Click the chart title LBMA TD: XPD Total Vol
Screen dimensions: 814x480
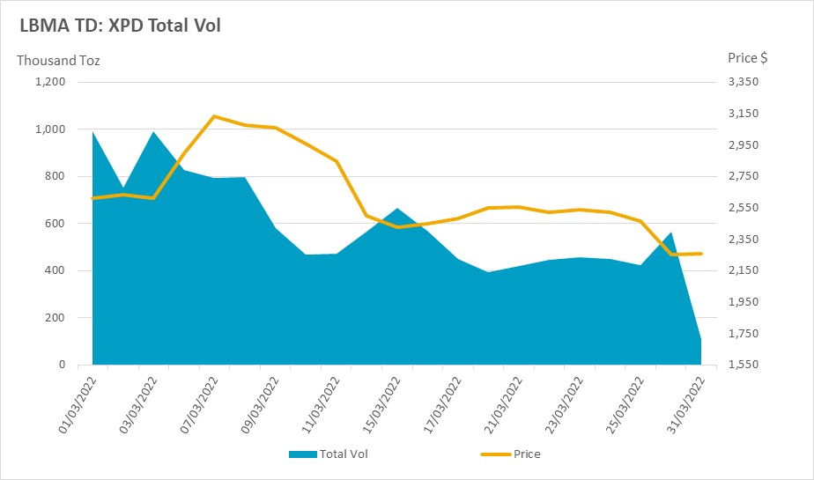click(x=120, y=26)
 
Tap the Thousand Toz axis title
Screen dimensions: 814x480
click(x=58, y=61)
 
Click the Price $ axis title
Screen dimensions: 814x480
click(x=748, y=58)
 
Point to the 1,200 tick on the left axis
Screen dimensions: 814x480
click(x=50, y=82)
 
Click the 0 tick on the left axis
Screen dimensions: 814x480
click(x=63, y=365)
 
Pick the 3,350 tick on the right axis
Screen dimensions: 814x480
click(x=744, y=82)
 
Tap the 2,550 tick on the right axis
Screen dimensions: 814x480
click(x=744, y=208)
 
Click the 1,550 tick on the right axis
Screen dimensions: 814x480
click(x=744, y=365)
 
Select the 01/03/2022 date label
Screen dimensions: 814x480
click(x=78, y=405)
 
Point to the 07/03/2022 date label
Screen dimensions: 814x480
click(x=199, y=405)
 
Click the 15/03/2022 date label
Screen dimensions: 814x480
click(x=381, y=405)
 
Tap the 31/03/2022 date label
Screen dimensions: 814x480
click(x=685, y=405)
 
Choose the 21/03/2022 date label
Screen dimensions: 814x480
click(x=503, y=405)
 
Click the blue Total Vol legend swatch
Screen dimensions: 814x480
click(x=303, y=454)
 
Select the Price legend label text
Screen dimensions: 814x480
click(x=527, y=454)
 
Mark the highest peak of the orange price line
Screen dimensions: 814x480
click(x=214, y=116)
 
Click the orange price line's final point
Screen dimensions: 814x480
click(x=701, y=254)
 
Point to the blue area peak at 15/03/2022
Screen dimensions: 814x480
click(x=397, y=208)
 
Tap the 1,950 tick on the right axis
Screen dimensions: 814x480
click(x=744, y=301)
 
